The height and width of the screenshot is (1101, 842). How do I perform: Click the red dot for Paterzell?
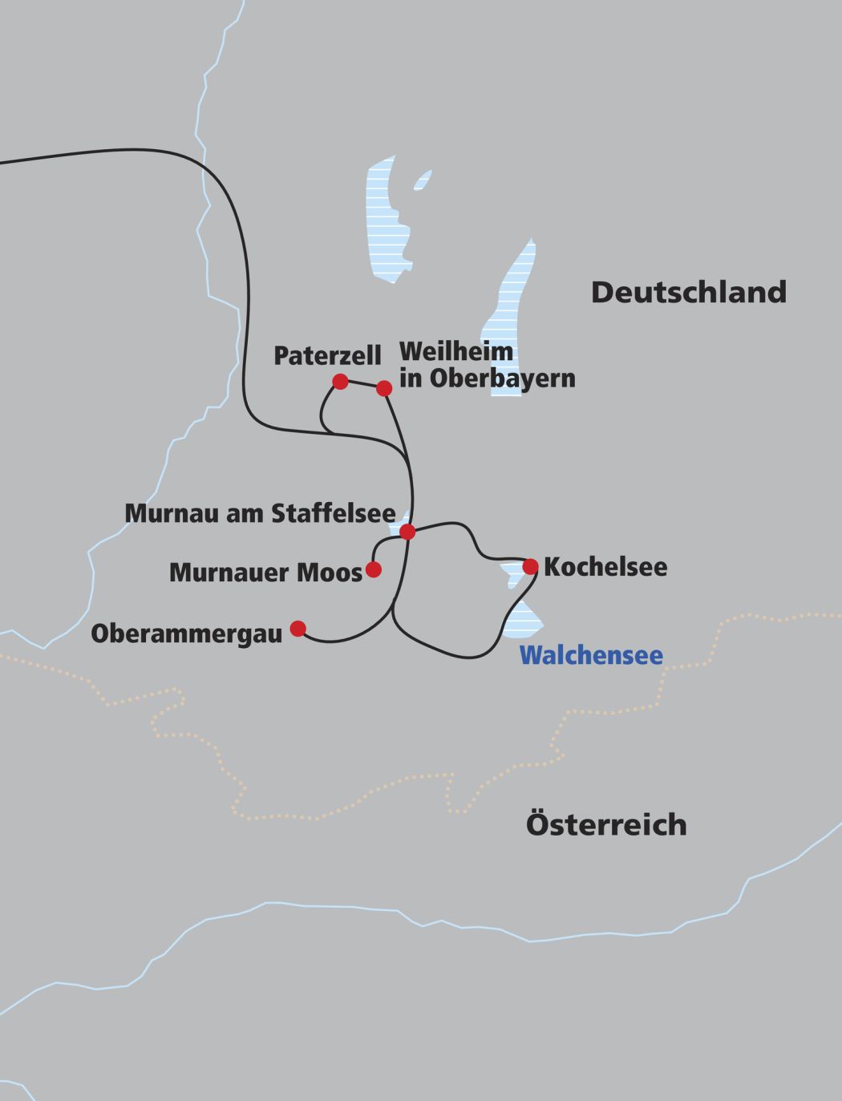click(340, 381)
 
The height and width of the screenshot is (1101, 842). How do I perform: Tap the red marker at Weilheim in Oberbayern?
click(384, 388)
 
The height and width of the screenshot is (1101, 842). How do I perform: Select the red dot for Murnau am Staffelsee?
click(407, 532)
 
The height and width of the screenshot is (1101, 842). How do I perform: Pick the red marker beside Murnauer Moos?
click(373, 569)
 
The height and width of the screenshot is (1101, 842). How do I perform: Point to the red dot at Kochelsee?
click(530, 567)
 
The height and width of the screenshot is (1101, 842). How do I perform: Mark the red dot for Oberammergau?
click(298, 628)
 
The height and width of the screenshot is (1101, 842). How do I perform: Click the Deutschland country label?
click(688, 292)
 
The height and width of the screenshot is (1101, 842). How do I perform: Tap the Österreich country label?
click(606, 824)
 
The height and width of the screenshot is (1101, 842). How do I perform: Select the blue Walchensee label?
click(591, 655)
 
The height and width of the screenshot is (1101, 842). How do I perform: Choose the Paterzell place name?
click(327, 356)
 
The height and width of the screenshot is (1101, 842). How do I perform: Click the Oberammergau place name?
click(186, 633)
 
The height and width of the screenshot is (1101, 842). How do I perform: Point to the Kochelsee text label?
click(605, 567)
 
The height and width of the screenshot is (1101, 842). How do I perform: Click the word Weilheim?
click(455, 351)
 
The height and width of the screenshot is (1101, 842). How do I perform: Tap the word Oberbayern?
click(502, 378)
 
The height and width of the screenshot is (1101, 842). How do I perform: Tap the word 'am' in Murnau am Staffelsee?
click(249, 513)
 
